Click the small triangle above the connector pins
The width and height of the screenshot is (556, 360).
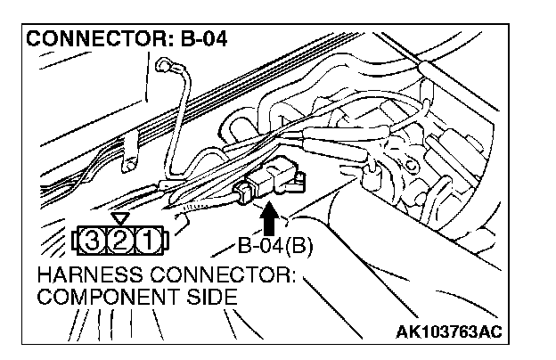point(122,218)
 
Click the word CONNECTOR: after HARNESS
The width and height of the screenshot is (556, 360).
point(235,274)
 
